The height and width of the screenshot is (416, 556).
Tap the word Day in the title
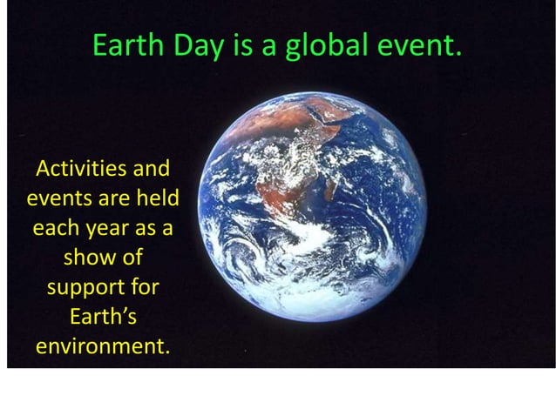tap(197, 45)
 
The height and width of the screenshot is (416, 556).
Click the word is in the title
tap(242, 45)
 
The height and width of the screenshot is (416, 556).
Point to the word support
tap(80, 289)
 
